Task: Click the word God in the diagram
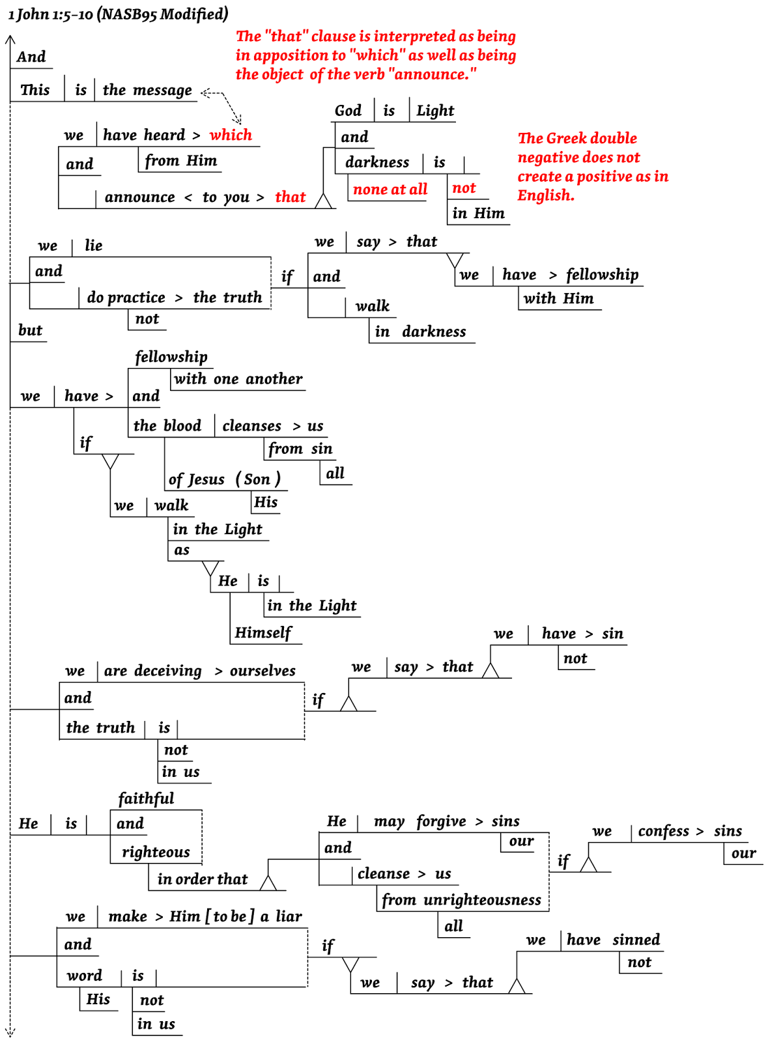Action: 348,111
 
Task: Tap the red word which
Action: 231,135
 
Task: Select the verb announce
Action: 139,197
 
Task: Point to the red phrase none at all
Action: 390,190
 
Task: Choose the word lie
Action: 93,246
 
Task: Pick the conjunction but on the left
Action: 30,330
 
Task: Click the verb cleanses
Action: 251,426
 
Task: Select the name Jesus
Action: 205,480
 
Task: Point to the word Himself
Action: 263,633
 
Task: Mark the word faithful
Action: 146,798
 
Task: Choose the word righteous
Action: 156,852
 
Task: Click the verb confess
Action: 663,832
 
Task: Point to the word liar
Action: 289,917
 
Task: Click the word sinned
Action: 636,940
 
